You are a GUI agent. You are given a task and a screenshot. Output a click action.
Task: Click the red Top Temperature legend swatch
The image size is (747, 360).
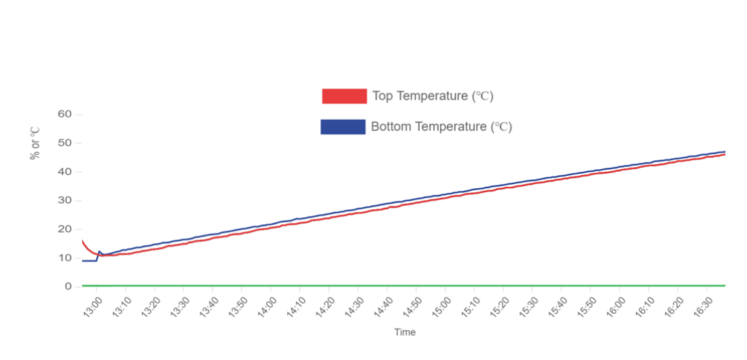coord(344,96)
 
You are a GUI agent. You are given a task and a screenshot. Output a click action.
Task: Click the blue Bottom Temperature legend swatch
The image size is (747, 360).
coord(343,126)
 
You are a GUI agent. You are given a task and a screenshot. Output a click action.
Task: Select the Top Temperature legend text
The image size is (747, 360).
coord(433,96)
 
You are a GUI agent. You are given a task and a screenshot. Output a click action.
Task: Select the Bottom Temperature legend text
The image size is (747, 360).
coord(441,126)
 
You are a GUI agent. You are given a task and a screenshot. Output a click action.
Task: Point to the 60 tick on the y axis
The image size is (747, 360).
coord(65,114)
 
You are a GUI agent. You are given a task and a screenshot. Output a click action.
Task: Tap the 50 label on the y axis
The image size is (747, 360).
coord(65,143)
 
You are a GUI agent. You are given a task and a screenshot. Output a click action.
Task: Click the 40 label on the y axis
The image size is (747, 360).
coord(65,172)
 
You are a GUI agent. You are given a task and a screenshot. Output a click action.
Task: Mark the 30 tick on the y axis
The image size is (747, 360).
coord(65,200)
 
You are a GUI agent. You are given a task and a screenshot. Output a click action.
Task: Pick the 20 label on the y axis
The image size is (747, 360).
coord(65,229)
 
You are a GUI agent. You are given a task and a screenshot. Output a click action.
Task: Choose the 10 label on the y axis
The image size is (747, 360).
coord(65,257)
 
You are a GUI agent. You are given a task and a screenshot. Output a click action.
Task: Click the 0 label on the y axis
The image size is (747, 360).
coord(68,286)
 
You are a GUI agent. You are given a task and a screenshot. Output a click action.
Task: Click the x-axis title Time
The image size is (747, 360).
coord(405,332)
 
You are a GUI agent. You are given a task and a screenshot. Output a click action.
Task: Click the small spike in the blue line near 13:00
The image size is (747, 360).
coord(100,251)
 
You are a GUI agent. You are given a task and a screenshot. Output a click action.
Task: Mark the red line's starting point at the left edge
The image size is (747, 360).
coord(82,240)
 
